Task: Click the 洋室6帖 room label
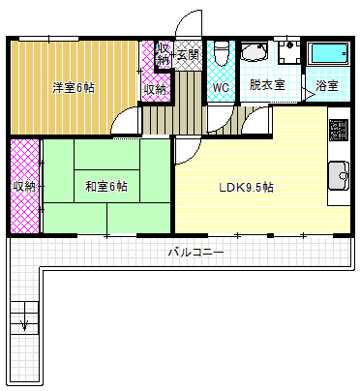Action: pyautogui.click(x=74, y=88)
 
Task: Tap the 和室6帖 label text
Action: pyautogui.click(x=106, y=185)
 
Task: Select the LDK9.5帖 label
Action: pyautogui.click(x=247, y=186)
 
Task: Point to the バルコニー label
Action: pyautogui.click(x=195, y=252)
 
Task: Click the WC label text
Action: pyautogui.click(x=220, y=88)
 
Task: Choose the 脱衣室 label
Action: pyautogui.click(x=267, y=85)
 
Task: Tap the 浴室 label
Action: pyautogui.click(x=327, y=86)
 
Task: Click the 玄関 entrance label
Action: pyautogui.click(x=189, y=53)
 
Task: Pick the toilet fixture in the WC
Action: pyautogui.click(x=220, y=50)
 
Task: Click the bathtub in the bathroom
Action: pyautogui.click(x=326, y=54)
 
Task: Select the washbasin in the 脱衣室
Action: pyautogui.click(x=255, y=52)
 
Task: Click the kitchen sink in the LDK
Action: pyautogui.click(x=339, y=175)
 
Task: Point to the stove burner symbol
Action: pyautogui.click(x=339, y=130)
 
